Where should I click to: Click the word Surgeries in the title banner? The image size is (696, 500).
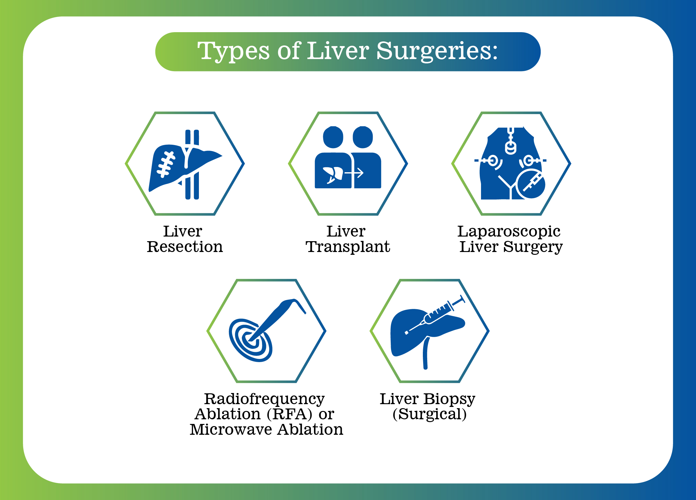pos(437,51)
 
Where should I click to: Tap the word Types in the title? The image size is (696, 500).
pos(234,51)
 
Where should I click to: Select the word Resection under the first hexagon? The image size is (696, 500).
pos(185,247)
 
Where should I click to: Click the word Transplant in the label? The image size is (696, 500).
pos(348,247)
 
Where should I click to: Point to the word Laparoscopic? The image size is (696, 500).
pos(509,232)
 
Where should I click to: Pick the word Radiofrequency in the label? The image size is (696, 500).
pos(264,399)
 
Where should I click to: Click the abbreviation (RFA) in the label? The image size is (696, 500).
pos(290,414)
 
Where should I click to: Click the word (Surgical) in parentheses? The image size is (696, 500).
pos(430,414)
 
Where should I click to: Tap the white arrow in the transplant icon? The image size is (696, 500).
pos(354,173)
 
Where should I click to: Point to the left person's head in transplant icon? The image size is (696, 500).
pos(333,137)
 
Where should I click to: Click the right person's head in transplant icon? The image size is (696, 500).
pos(363,137)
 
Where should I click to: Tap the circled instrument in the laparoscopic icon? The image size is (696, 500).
pos(531,184)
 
